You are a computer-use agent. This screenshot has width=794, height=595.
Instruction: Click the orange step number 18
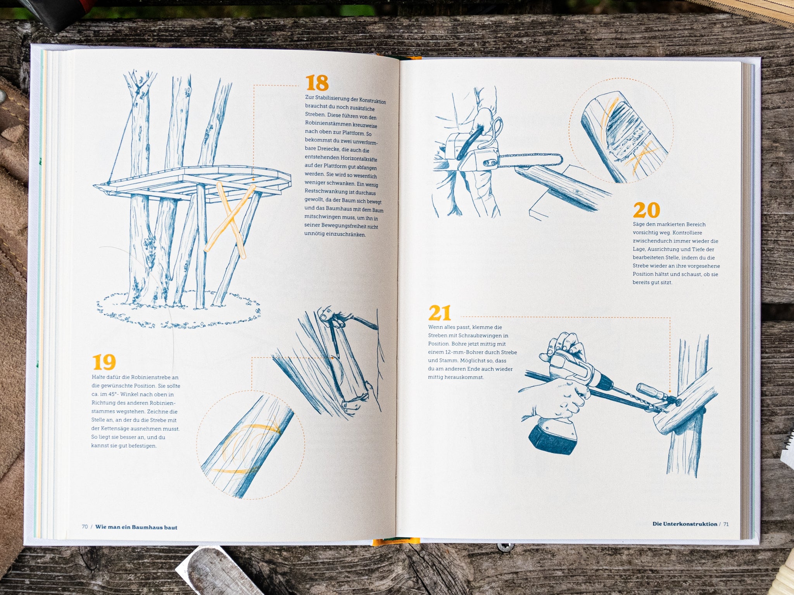pos(317,83)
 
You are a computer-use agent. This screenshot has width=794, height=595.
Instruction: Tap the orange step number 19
pos(104,362)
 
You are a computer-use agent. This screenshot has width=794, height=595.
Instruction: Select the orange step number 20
pos(646,210)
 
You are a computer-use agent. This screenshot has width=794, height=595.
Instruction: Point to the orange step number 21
pos(440,313)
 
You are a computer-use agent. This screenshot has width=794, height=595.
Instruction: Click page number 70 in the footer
pos(85,527)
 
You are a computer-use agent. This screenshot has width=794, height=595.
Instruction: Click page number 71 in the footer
pos(726,524)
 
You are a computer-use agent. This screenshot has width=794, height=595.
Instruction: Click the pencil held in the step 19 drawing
pos(333,340)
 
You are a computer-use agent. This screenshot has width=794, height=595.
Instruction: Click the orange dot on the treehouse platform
pos(253,180)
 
